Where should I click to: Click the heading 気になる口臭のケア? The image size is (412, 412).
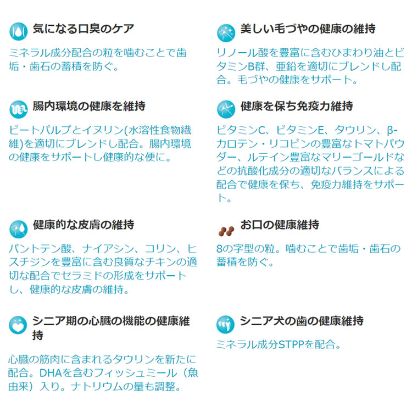click(83, 29)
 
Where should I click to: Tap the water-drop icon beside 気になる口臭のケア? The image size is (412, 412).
click(18, 31)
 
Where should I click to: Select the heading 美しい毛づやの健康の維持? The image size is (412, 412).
click(308, 29)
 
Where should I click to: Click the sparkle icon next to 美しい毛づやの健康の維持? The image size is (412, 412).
click(226, 33)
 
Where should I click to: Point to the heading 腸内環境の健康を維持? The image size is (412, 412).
click(89, 106)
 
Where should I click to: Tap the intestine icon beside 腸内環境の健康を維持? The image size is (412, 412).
click(18, 109)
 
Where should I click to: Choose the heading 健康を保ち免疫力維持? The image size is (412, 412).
click(297, 106)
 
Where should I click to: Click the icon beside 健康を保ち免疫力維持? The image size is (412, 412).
click(226, 109)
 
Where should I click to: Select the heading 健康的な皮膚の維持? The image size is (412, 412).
click(83, 225)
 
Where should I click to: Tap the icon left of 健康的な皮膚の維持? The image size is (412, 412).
click(18, 229)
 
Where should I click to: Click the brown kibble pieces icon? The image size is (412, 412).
click(226, 231)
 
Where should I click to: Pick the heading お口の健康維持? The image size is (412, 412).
click(280, 225)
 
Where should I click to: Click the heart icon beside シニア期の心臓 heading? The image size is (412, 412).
click(18, 325)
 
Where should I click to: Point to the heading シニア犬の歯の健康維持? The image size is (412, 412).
click(302, 321)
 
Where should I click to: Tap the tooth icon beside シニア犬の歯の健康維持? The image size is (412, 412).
click(225, 325)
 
